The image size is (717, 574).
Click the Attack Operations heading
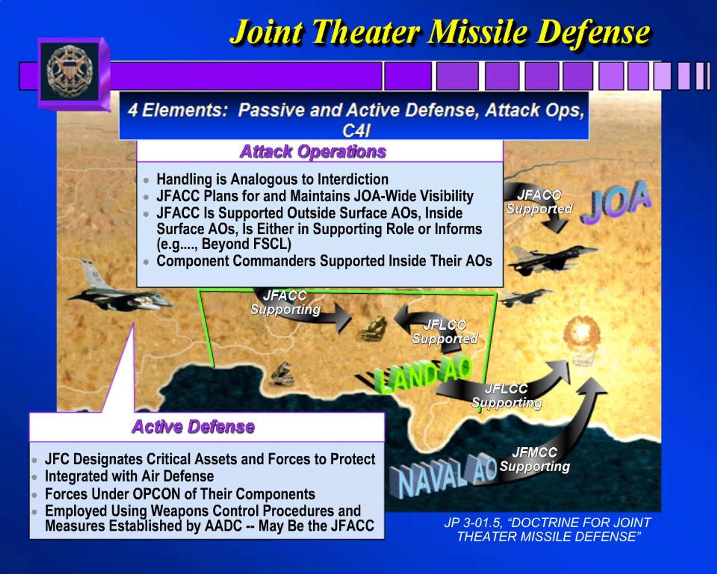tap(313, 152)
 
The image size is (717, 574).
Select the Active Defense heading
tap(193, 427)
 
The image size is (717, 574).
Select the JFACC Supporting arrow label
tap(285, 303)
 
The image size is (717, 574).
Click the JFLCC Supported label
tap(445, 332)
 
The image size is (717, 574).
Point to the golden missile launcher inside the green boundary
tap(374, 328)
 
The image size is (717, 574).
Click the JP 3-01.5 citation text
tap(547, 529)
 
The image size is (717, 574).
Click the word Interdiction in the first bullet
tap(353, 179)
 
